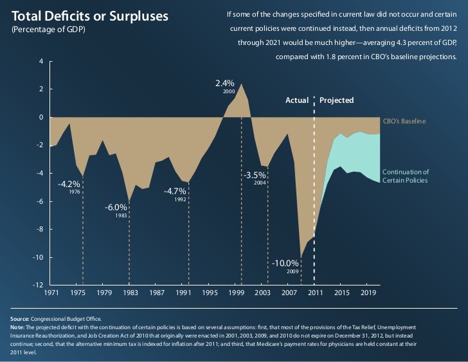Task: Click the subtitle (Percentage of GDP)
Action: click(x=49, y=31)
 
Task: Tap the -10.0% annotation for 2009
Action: click(x=285, y=263)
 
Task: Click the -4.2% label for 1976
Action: click(x=71, y=184)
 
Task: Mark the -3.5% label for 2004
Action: click(x=255, y=175)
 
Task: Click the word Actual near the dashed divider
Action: click(x=297, y=101)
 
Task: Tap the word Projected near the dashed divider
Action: click(x=337, y=101)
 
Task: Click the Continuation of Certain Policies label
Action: click(x=406, y=176)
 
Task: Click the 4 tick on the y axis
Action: click(x=40, y=61)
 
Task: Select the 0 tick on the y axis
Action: click(x=40, y=117)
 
